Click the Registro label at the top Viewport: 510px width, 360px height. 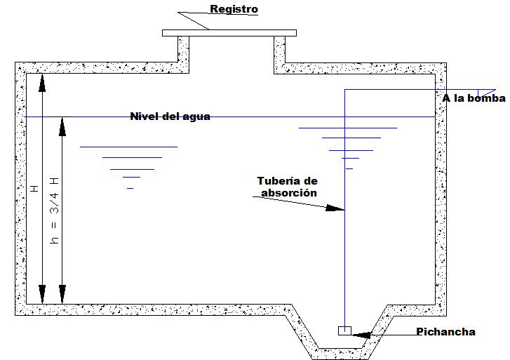(x=234, y=9)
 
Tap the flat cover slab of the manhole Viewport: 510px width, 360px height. (x=229, y=32)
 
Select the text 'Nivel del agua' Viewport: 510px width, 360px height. (x=170, y=116)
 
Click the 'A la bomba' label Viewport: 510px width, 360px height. (x=474, y=98)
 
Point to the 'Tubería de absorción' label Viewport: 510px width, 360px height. (x=287, y=187)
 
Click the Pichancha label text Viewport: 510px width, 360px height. (x=445, y=332)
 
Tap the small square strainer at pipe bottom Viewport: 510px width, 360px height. (x=344, y=331)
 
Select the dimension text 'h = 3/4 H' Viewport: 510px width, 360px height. (x=55, y=208)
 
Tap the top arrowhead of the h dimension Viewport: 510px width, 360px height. (x=62, y=126)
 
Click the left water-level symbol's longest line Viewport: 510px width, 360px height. (x=128, y=147)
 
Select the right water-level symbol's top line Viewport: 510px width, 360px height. (x=348, y=128)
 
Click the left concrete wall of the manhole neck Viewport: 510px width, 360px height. (x=183, y=53)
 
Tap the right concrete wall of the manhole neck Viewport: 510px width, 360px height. (x=279, y=53)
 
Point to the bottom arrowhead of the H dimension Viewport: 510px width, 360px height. (x=42, y=295)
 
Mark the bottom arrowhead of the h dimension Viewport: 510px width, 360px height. (x=62, y=295)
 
